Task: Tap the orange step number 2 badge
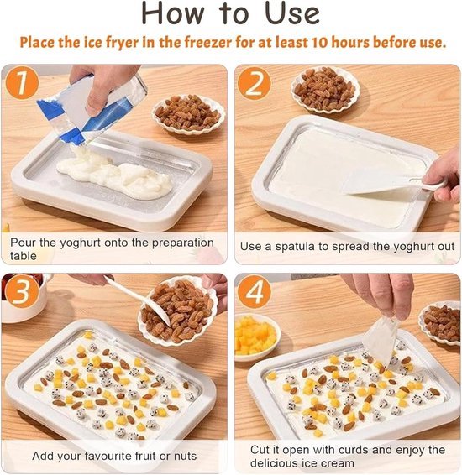pyautogui.click(x=255, y=84)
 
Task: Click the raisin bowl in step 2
pyautogui.click(x=325, y=87)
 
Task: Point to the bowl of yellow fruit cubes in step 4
pyautogui.click(x=257, y=336)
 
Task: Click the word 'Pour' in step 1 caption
pyautogui.click(x=24, y=241)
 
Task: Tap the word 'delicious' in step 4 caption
pyautogui.click(x=283, y=463)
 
